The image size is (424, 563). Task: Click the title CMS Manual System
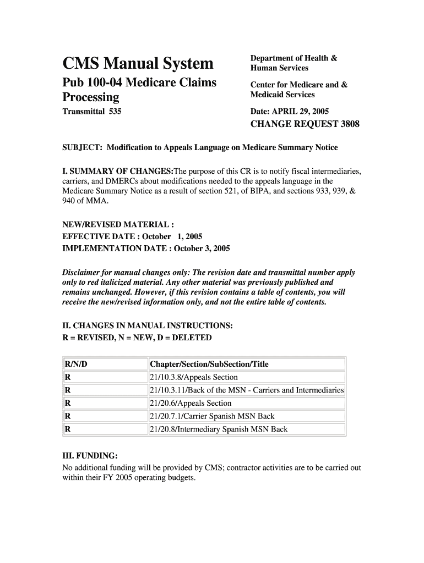click(138, 63)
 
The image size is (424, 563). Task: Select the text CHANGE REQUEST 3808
click(305, 124)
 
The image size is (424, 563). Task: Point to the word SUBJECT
click(81, 147)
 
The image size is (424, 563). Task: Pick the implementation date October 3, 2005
click(202, 248)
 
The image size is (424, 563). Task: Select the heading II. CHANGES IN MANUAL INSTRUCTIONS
click(148, 326)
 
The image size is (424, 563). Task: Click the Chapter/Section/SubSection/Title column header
click(209, 364)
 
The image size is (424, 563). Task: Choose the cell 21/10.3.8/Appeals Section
click(193, 377)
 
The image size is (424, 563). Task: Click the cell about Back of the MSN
click(246, 390)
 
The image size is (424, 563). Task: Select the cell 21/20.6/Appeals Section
click(190, 403)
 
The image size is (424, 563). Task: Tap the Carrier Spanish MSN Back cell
click(211, 416)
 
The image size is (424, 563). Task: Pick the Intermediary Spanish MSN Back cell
click(218, 429)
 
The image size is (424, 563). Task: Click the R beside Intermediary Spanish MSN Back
click(67, 429)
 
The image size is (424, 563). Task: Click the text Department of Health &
click(293, 58)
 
